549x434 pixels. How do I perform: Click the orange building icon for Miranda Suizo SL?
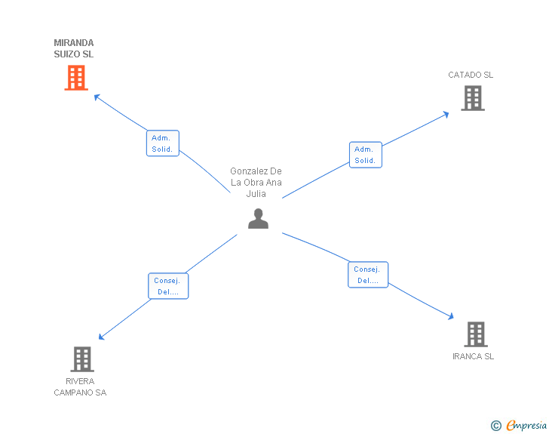[76, 78]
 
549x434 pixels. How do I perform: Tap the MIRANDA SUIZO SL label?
[74, 48]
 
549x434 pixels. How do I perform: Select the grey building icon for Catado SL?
[473, 98]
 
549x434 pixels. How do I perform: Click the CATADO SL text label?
[471, 75]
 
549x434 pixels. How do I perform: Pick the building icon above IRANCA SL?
[476, 334]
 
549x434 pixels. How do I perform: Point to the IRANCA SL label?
[473, 356]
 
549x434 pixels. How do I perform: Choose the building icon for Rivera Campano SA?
[82, 359]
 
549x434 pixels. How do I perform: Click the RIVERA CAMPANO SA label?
[80, 386]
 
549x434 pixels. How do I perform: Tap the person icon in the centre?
[258, 218]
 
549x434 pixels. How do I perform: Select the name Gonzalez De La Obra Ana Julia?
[256, 183]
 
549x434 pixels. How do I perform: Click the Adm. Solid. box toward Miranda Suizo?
[162, 143]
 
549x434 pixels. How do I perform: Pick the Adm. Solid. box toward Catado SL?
[366, 155]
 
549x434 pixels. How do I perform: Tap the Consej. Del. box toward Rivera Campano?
[168, 286]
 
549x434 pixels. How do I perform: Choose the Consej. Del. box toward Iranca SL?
[368, 275]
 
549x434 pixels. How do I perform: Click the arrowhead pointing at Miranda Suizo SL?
[97, 97]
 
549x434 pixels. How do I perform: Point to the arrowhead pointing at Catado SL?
[446, 114]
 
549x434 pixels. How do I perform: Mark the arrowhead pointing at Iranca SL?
[451, 316]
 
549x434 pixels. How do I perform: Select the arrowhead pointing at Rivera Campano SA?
[101, 337]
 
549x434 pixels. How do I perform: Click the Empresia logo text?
[526, 425]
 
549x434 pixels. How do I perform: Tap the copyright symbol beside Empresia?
[495, 426]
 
